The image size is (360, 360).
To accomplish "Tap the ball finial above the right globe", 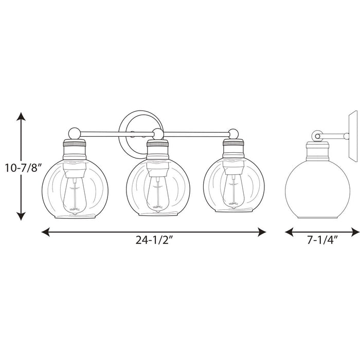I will tap(234, 133).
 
